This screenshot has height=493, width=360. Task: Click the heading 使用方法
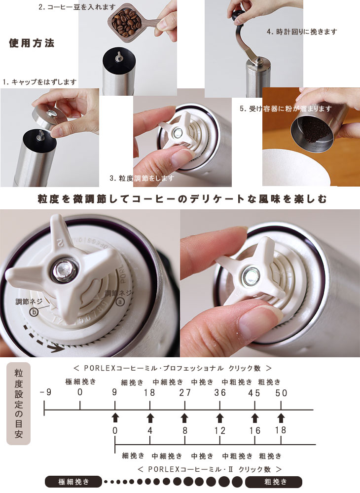click(32, 43)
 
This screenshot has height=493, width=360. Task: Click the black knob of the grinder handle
click(238, 15)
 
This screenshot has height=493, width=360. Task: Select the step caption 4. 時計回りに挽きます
click(302, 32)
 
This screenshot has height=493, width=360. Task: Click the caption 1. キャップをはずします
click(39, 82)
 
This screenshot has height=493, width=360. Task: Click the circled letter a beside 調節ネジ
click(120, 302)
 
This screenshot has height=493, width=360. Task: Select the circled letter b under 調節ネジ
click(34, 311)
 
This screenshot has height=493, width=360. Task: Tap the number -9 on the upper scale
click(45, 392)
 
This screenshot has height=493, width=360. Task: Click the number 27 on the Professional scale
click(185, 392)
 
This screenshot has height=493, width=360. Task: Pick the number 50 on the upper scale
click(281, 393)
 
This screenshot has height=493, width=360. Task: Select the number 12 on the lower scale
click(219, 430)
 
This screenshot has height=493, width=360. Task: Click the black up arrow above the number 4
click(150, 417)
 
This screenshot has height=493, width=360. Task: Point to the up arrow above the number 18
click(281, 417)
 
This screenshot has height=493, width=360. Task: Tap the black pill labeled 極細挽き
click(73, 482)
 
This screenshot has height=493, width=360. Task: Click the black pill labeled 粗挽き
click(274, 482)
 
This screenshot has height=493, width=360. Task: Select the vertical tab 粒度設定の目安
click(19, 404)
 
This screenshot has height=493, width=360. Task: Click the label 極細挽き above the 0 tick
click(81, 381)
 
